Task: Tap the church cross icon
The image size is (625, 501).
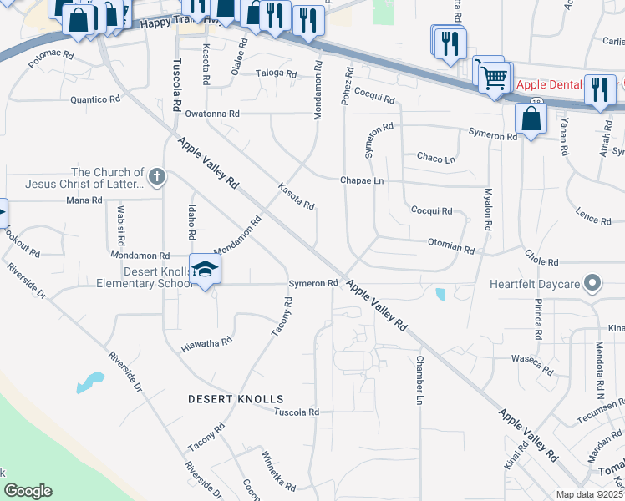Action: coord(156,176)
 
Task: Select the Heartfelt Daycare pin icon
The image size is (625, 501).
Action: coord(592,284)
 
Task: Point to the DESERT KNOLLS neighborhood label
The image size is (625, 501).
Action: coord(236,399)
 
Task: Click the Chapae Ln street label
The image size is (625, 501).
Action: coord(362,180)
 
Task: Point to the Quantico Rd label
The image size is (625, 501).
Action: coord(97,99)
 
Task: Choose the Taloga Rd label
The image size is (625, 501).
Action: coord(276,73)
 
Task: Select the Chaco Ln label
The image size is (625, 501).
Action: coord(435,158)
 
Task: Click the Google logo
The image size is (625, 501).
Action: coord(28,490)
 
